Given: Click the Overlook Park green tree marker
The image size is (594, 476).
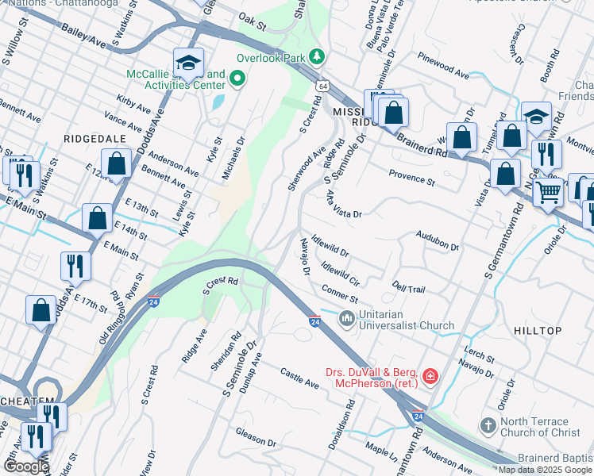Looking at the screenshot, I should [x=318, y=57].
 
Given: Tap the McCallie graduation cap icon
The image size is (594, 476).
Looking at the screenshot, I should [x=189, y=63].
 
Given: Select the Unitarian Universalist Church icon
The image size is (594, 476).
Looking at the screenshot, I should [x=346, y=319].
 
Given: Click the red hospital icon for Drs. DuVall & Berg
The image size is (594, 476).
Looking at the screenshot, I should [x=430, y=375].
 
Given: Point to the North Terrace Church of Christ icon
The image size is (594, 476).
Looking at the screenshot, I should [x=488, y=428].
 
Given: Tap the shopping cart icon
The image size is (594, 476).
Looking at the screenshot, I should [x=548, y=192].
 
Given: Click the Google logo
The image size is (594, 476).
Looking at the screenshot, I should [x=25, y=466].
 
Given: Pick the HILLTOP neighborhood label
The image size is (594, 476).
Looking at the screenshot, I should [x=537, y=330].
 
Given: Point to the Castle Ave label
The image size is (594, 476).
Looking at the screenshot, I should [x=299, y=378].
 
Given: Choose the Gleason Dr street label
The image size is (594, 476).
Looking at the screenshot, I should [x=255, y=436].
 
